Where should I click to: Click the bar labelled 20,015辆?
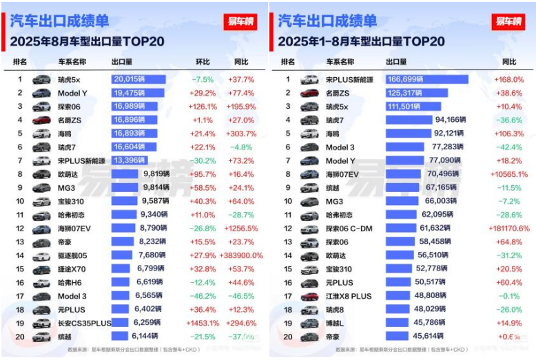pos(138,80)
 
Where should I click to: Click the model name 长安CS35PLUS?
pos(85,323)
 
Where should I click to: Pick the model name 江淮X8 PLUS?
pos(349,296)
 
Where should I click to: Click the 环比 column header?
pos(203,62)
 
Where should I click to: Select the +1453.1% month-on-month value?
pos(203,323)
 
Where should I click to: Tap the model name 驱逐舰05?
pos(72,255)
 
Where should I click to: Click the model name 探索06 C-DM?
pos(349,228)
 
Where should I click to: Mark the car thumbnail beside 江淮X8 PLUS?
pos(309,296)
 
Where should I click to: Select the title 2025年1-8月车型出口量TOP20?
pos(361,42)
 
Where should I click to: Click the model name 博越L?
pos(336,323)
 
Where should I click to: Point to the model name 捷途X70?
pos(72,269)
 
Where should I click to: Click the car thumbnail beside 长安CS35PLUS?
pos(41,323)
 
